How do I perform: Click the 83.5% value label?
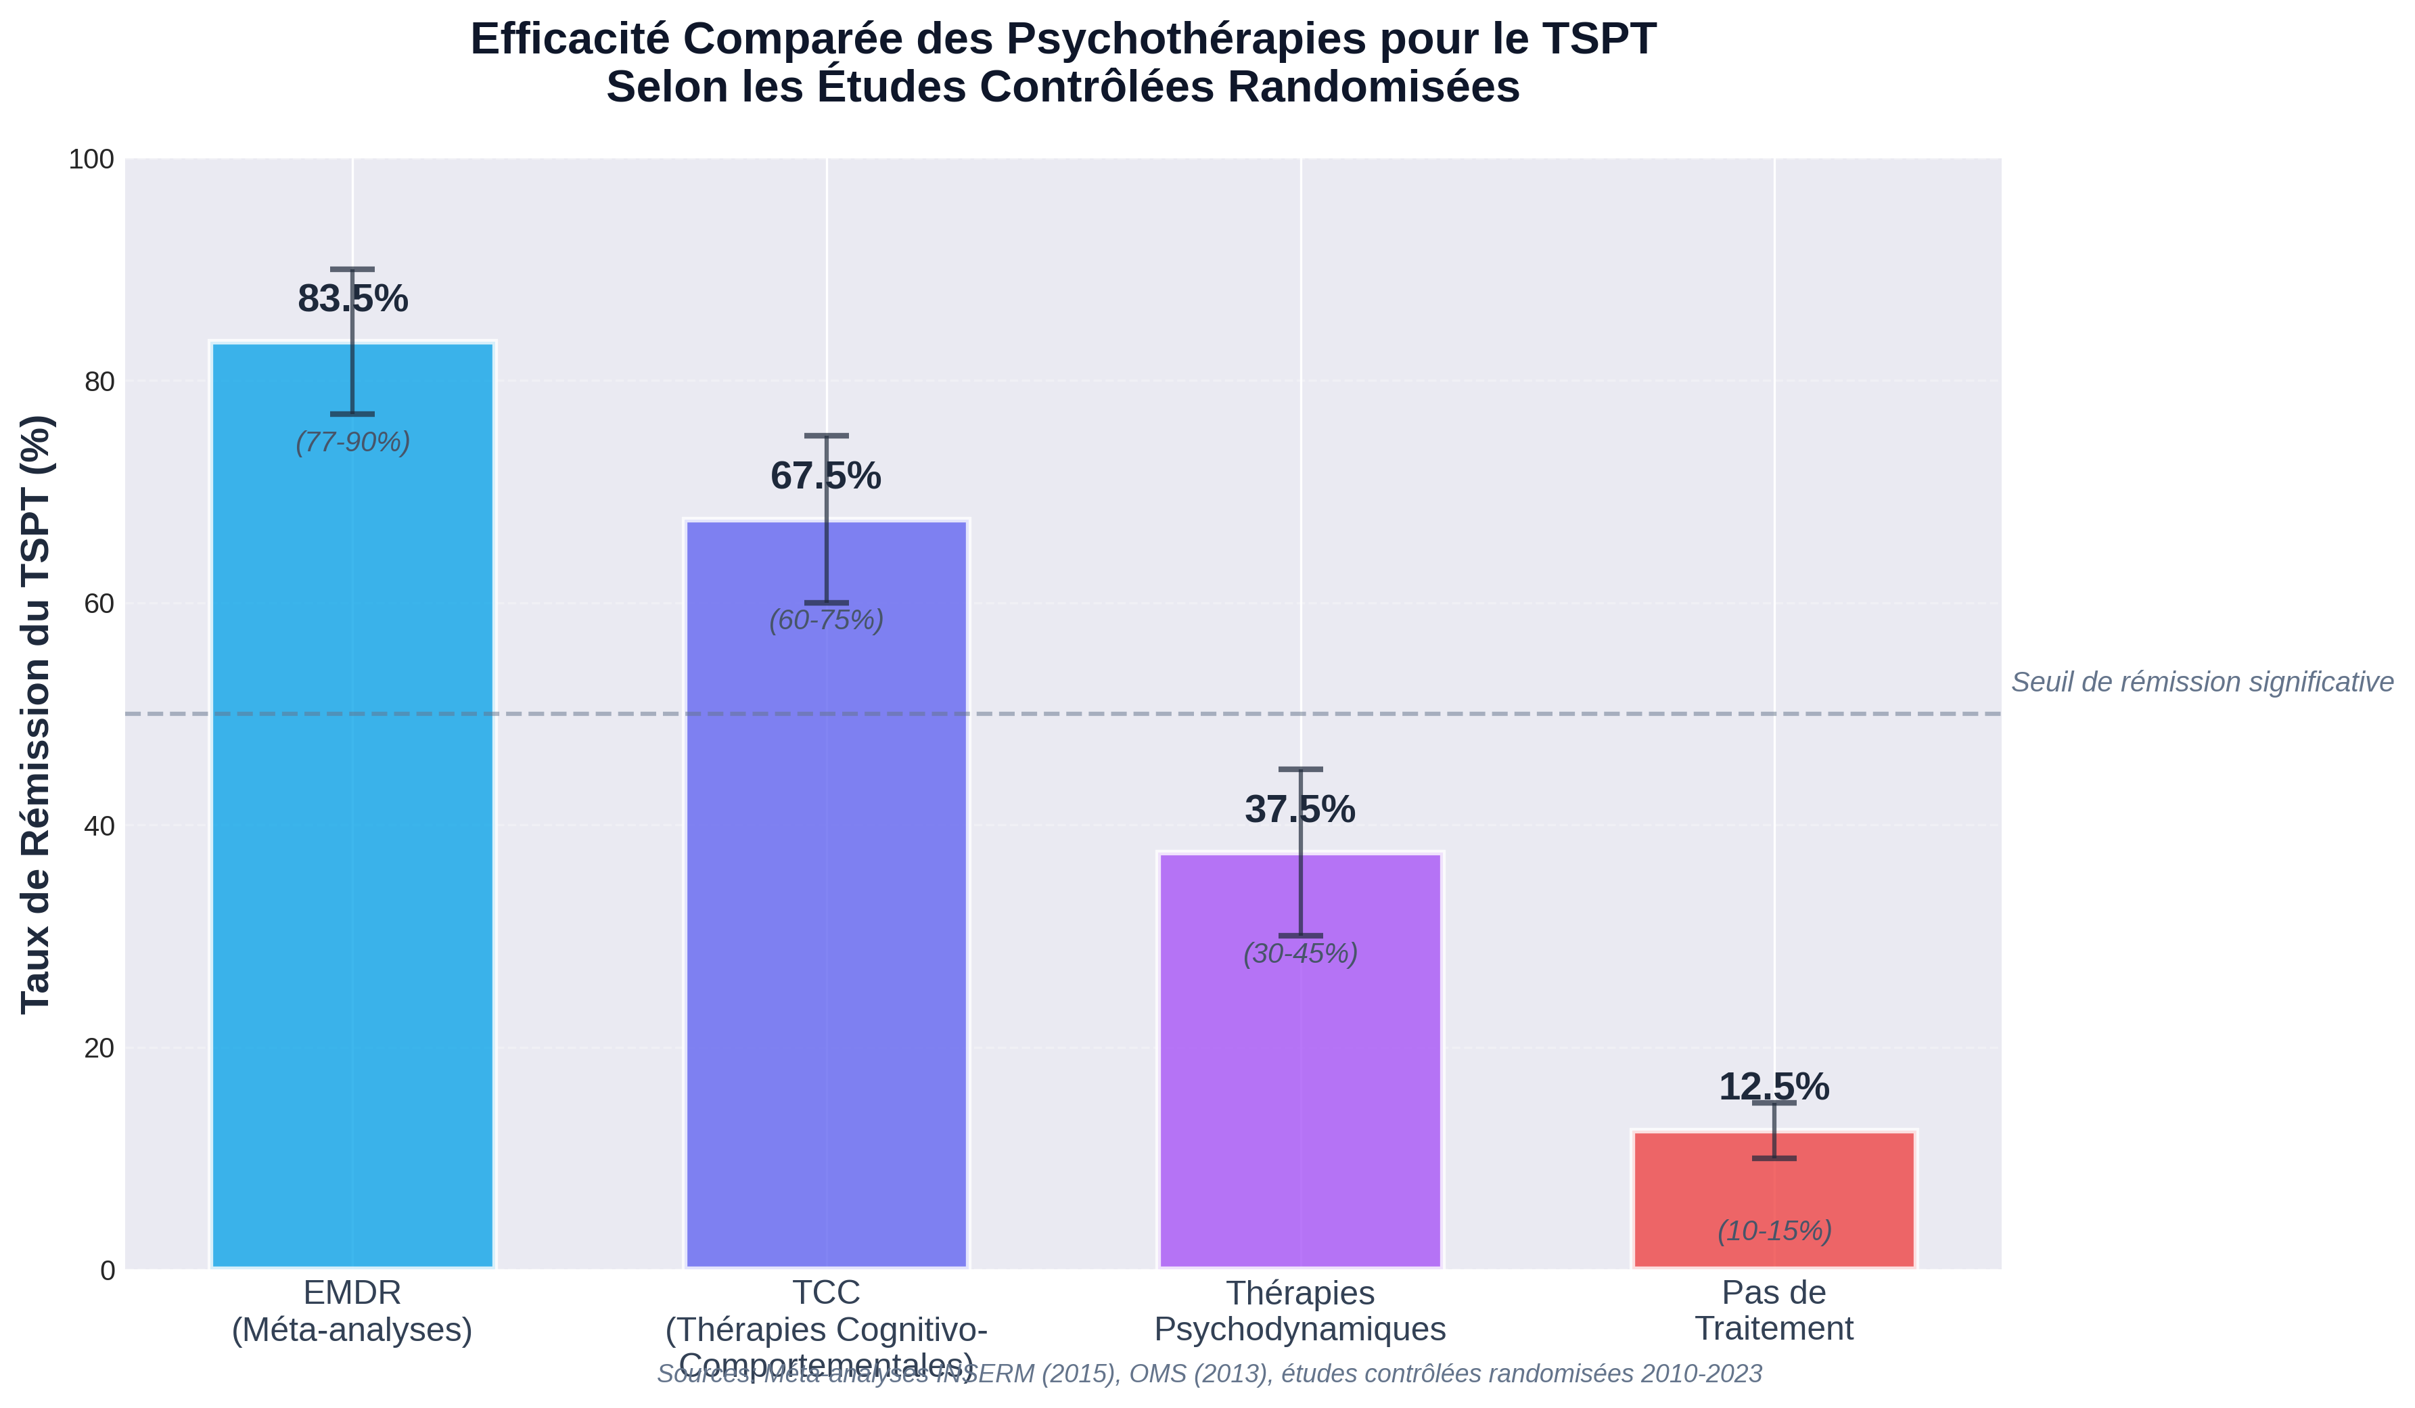coord(352,299)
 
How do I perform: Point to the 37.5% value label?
coord(1299,810)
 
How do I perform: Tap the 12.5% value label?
coord(1773,1087)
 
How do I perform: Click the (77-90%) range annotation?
coord(352,442)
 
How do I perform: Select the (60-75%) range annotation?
coord(826,620)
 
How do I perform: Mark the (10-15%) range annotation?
coord(1774,1231)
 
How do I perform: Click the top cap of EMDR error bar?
coord(352,269)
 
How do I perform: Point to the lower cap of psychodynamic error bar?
coord(1300,936)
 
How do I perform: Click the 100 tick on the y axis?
coord(91,159)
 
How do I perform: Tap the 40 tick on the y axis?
coord(99,826)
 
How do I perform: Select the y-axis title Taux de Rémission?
coord(37,714)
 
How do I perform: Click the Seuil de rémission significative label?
coord(2201,683)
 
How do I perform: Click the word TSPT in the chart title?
coord(1603,40)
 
